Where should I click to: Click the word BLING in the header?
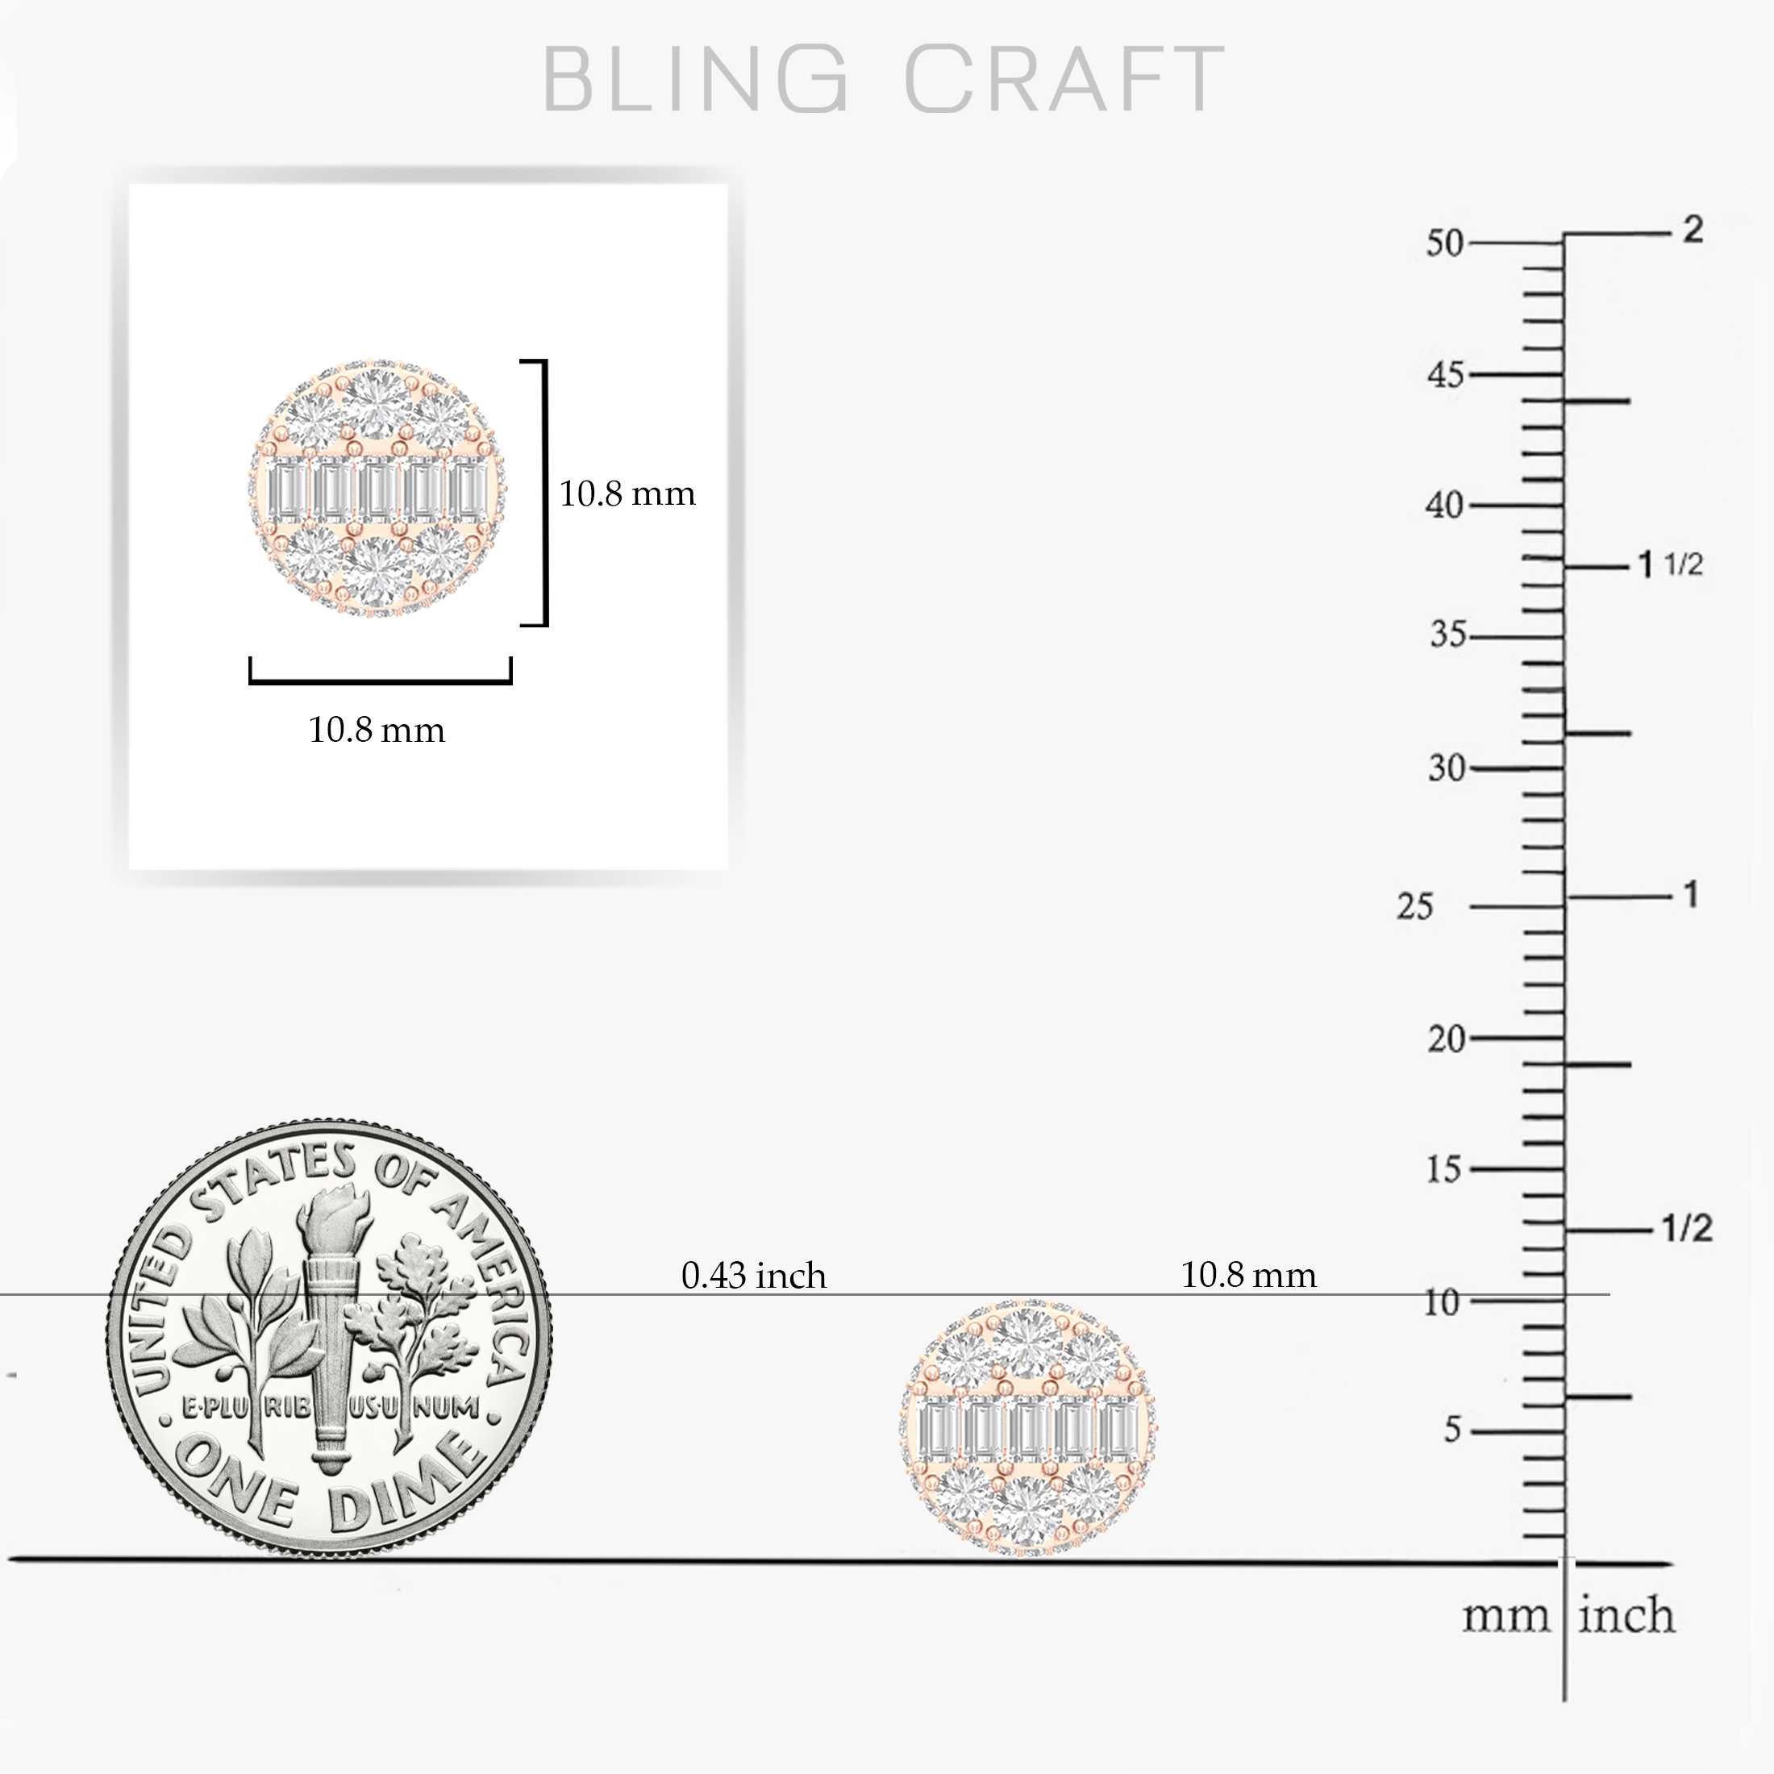tap(695, 80)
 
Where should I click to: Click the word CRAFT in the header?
tap(1064, 80)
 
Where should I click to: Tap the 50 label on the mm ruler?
tap(1444, 243)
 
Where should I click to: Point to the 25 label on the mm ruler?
tap(1414, 906)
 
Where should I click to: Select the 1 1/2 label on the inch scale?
tap(1671, 564)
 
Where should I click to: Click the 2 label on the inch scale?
tap(1693, 229)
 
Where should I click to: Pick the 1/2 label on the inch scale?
tap(1687, 1227)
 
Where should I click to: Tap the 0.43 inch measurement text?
tap(754, 1276)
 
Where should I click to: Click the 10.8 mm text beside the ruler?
tap(1248, 1275)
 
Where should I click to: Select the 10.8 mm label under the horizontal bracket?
tap(377, 730)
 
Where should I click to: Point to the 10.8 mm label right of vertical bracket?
tap(627, 494)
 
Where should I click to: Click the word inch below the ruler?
tap(1626, 1641)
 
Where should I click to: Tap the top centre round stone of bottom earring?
tap(1027, 1342)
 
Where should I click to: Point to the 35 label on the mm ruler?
tap(1447, 635)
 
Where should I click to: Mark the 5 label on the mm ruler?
tap(1451, 1430)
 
